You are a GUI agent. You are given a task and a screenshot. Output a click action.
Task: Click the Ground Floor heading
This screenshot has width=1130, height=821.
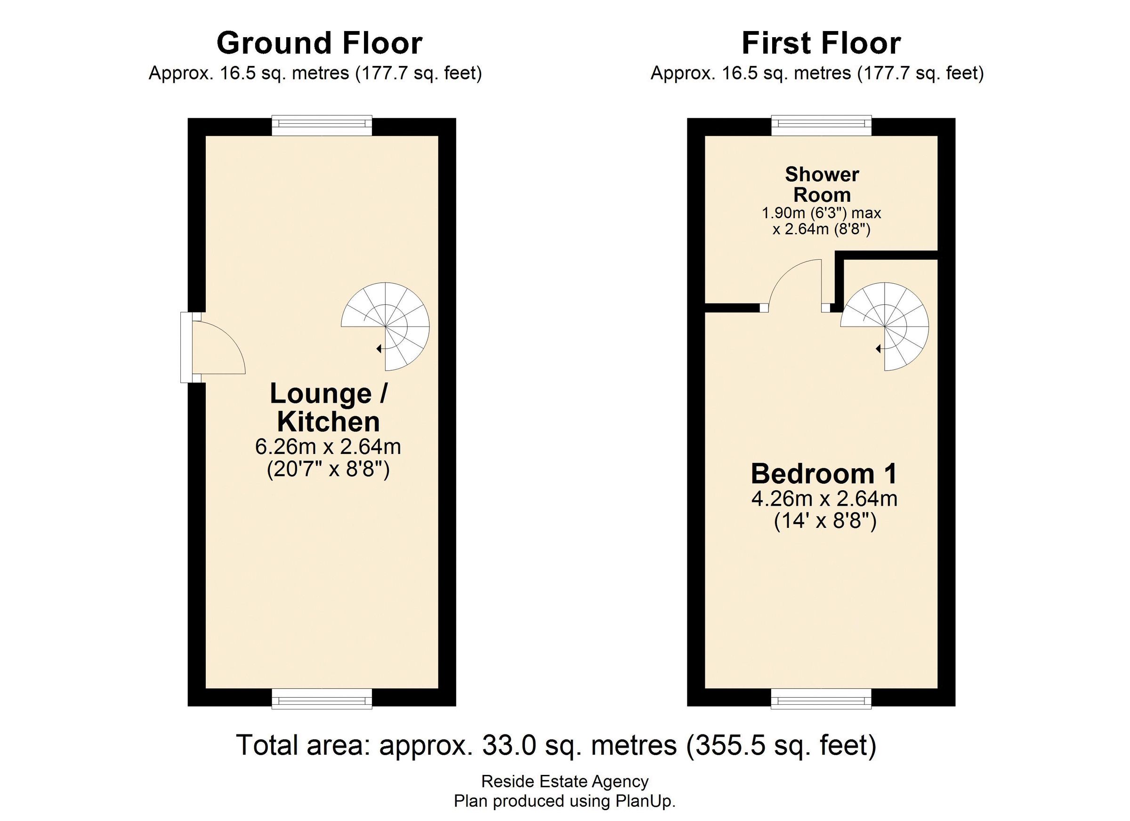pyautogui.click(x=319, y=43)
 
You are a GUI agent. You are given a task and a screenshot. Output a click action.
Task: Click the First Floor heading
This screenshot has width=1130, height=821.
pyautogui.click(x=821, y=43)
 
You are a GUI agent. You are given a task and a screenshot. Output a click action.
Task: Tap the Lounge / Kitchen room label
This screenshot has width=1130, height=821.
pyautogui.click(x=328, y=408)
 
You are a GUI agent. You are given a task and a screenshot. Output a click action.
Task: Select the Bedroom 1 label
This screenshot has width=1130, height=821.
pyautogui.click(x=824, y=473)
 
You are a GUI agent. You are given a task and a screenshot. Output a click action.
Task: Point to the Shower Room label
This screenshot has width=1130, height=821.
pyautogui.click(x=822, y=184)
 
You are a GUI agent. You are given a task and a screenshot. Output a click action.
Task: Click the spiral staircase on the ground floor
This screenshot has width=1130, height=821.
pyautogui.click(x=385, y=327)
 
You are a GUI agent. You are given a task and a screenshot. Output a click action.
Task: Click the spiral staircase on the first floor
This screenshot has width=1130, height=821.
pyautogui.click(x=885, y=327)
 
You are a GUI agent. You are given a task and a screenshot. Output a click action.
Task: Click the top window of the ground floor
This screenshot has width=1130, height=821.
pyautogui.click(x=322, y=126)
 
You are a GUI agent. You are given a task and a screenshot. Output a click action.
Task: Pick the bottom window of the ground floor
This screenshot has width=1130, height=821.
pyautogui.click(x=322, y=699)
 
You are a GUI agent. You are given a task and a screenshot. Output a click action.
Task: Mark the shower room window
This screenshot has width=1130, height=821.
pyautogui.click(x=822, y=126)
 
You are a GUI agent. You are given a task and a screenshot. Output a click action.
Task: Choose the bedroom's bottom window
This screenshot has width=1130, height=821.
pyautogui.click(x=822, y=699)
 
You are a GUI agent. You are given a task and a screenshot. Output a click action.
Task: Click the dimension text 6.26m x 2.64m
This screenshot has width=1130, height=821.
pyautogui.click(x=328, y=446)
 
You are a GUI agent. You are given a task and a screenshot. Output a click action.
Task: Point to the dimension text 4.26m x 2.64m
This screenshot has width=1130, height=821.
pyautogui.click(x=824, y=498)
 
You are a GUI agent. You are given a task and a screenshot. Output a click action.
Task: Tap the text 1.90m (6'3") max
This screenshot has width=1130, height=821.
pyautogui.click(x=822, y=213)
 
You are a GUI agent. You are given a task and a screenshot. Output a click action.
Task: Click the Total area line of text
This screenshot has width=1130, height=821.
pyautogui.click(x=556, y=745)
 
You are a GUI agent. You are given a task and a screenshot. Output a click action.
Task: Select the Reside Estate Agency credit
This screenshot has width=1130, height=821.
pyautogui.click(x=565, y=781)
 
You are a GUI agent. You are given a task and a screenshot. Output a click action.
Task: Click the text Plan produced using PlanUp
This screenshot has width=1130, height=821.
pyautogui.click(x=565, y=801)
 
